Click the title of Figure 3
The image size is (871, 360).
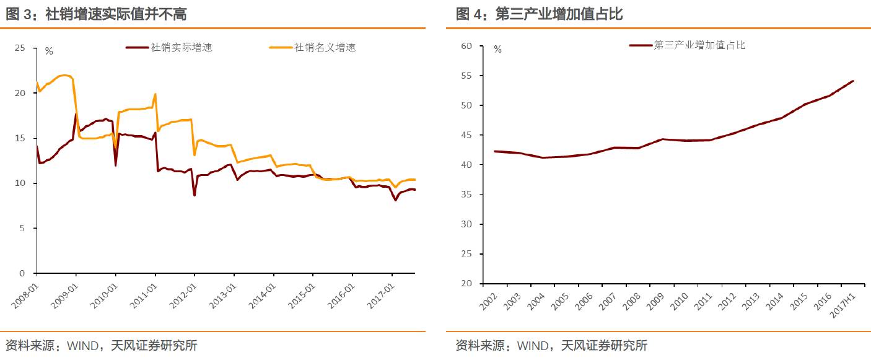(96, 14)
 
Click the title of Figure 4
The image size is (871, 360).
(539, 14)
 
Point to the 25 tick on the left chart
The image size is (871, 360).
(20, 48)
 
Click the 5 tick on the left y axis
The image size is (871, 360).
(22, 228)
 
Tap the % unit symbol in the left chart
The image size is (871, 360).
(49, 51)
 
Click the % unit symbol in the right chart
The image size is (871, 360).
(497, 50)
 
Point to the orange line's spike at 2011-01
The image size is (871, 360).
(155, 94)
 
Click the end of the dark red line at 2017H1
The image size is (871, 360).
(853, 81)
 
